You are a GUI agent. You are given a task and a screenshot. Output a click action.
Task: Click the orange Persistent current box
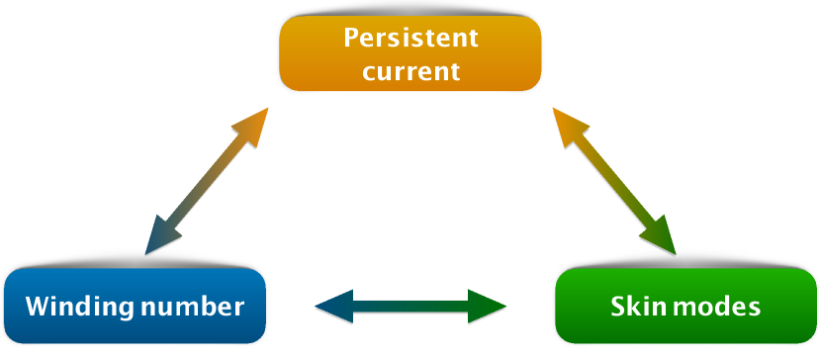click(410, 53)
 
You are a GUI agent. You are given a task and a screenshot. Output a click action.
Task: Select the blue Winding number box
click(135, 306)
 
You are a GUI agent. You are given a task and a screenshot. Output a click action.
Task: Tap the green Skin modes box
click(685, 306)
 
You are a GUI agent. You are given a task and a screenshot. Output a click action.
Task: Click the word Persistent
click(411, 38)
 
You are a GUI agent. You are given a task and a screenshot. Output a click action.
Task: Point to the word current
click(411, 70)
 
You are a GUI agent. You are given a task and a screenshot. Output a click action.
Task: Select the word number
click(193, 307)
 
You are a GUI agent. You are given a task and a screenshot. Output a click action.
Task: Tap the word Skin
click(632, 307)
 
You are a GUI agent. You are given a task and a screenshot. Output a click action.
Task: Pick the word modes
click(708, 307)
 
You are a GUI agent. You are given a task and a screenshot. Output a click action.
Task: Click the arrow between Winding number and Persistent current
click(207, 181)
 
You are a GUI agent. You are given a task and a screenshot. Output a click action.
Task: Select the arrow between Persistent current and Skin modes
click(614, 181)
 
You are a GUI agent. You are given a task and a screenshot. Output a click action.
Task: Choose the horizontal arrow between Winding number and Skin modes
click(410, 307)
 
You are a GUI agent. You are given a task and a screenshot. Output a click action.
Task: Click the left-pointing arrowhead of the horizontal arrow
click(334, 307)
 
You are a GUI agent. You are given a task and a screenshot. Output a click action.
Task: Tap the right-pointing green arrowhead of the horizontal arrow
click(487, 307)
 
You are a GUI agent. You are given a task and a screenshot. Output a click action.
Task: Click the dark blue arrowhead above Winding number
click(161, 237)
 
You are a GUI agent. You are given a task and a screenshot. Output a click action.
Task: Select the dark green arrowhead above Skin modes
click(660, 237)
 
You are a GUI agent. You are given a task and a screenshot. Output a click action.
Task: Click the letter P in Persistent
click(352, 38)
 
